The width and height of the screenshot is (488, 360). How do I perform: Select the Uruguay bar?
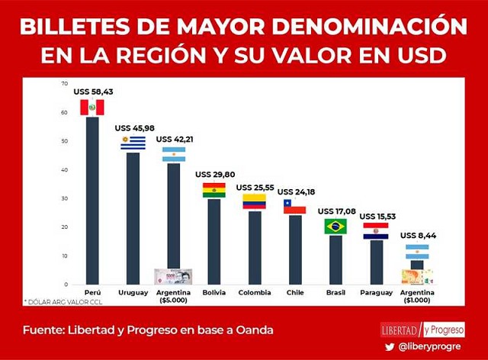pos(133,217)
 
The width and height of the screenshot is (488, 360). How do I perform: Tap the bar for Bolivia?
pos(214,240)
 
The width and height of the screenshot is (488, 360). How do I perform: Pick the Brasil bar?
pos(335,259)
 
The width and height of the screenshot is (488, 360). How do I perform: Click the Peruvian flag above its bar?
pos(92,108)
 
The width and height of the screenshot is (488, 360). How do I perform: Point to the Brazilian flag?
pos(335,227)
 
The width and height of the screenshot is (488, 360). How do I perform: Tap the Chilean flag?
pos(294,207)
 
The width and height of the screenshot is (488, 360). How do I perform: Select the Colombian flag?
pos(254,201)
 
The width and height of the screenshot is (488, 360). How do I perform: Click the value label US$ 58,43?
pos(92,92)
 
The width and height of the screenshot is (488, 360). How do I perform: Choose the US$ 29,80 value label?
pos(214,175)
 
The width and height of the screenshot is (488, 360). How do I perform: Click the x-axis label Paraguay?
pos(376,292)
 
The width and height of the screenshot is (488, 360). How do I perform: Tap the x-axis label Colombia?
pos(254,292)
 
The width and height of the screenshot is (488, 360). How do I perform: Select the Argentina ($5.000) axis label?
pos(173,297)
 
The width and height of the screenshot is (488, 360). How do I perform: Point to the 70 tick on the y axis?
pos(66,84)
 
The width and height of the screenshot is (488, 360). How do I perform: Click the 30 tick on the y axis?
pos(66,198)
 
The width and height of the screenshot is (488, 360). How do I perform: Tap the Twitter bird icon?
pos(390,347)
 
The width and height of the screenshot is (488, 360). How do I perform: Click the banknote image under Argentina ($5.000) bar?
pos(173,276)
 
